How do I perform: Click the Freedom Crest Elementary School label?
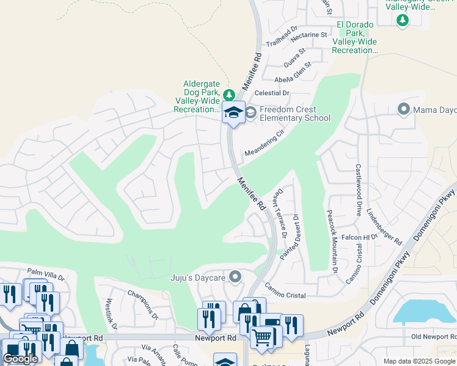coord(294,113)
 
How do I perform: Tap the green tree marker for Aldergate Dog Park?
coord(228,95)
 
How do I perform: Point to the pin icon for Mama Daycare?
coord(403,110)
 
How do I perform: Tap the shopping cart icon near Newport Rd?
coord(262,336)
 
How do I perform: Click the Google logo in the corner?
coord(20,359)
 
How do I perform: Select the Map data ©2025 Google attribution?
coord(419,361)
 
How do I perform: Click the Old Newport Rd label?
coord(433,337)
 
